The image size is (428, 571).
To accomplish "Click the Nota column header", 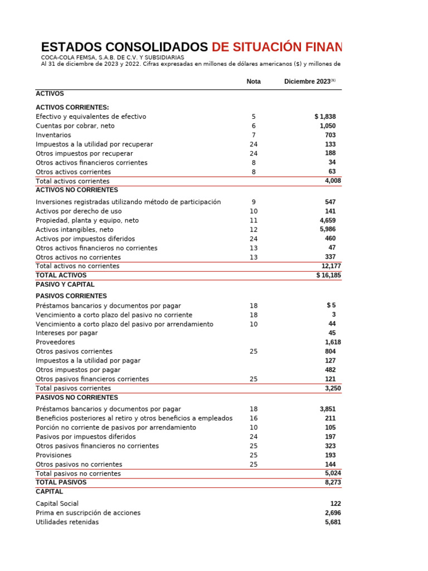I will (254, 81).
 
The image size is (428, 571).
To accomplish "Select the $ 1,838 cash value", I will (325, 117).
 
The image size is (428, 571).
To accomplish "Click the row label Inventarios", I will (53, 135).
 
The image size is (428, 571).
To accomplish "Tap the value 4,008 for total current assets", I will (333, 181).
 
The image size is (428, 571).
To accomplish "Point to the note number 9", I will (254, 202).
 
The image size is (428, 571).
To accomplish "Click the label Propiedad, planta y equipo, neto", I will (87, 220).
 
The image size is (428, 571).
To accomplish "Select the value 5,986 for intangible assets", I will (328, 229).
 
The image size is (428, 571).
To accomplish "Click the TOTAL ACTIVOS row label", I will (61, 275).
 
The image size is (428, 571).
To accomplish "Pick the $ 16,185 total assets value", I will (329, 275).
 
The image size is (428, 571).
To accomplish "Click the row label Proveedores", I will (56, 342).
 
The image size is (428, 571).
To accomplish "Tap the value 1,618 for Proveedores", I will (333, 342).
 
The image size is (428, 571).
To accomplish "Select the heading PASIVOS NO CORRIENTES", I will (77, 398).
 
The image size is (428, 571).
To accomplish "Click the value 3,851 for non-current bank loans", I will (328, 409).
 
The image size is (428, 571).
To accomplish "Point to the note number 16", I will (254, 418).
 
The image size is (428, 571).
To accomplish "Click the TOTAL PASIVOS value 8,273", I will (333, 482).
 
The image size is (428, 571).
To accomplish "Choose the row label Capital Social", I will (57, 504).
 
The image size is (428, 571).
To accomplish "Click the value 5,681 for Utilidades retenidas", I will (333, 522).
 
